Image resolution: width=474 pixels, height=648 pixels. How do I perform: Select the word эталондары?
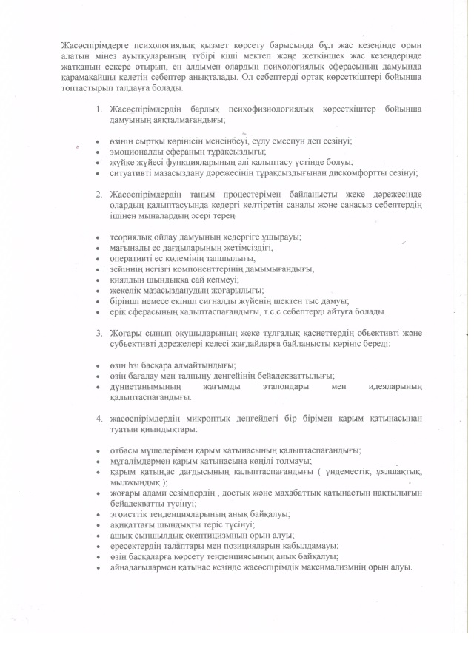(273, 386)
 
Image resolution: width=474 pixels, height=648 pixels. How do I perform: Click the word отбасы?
(124, 450)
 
